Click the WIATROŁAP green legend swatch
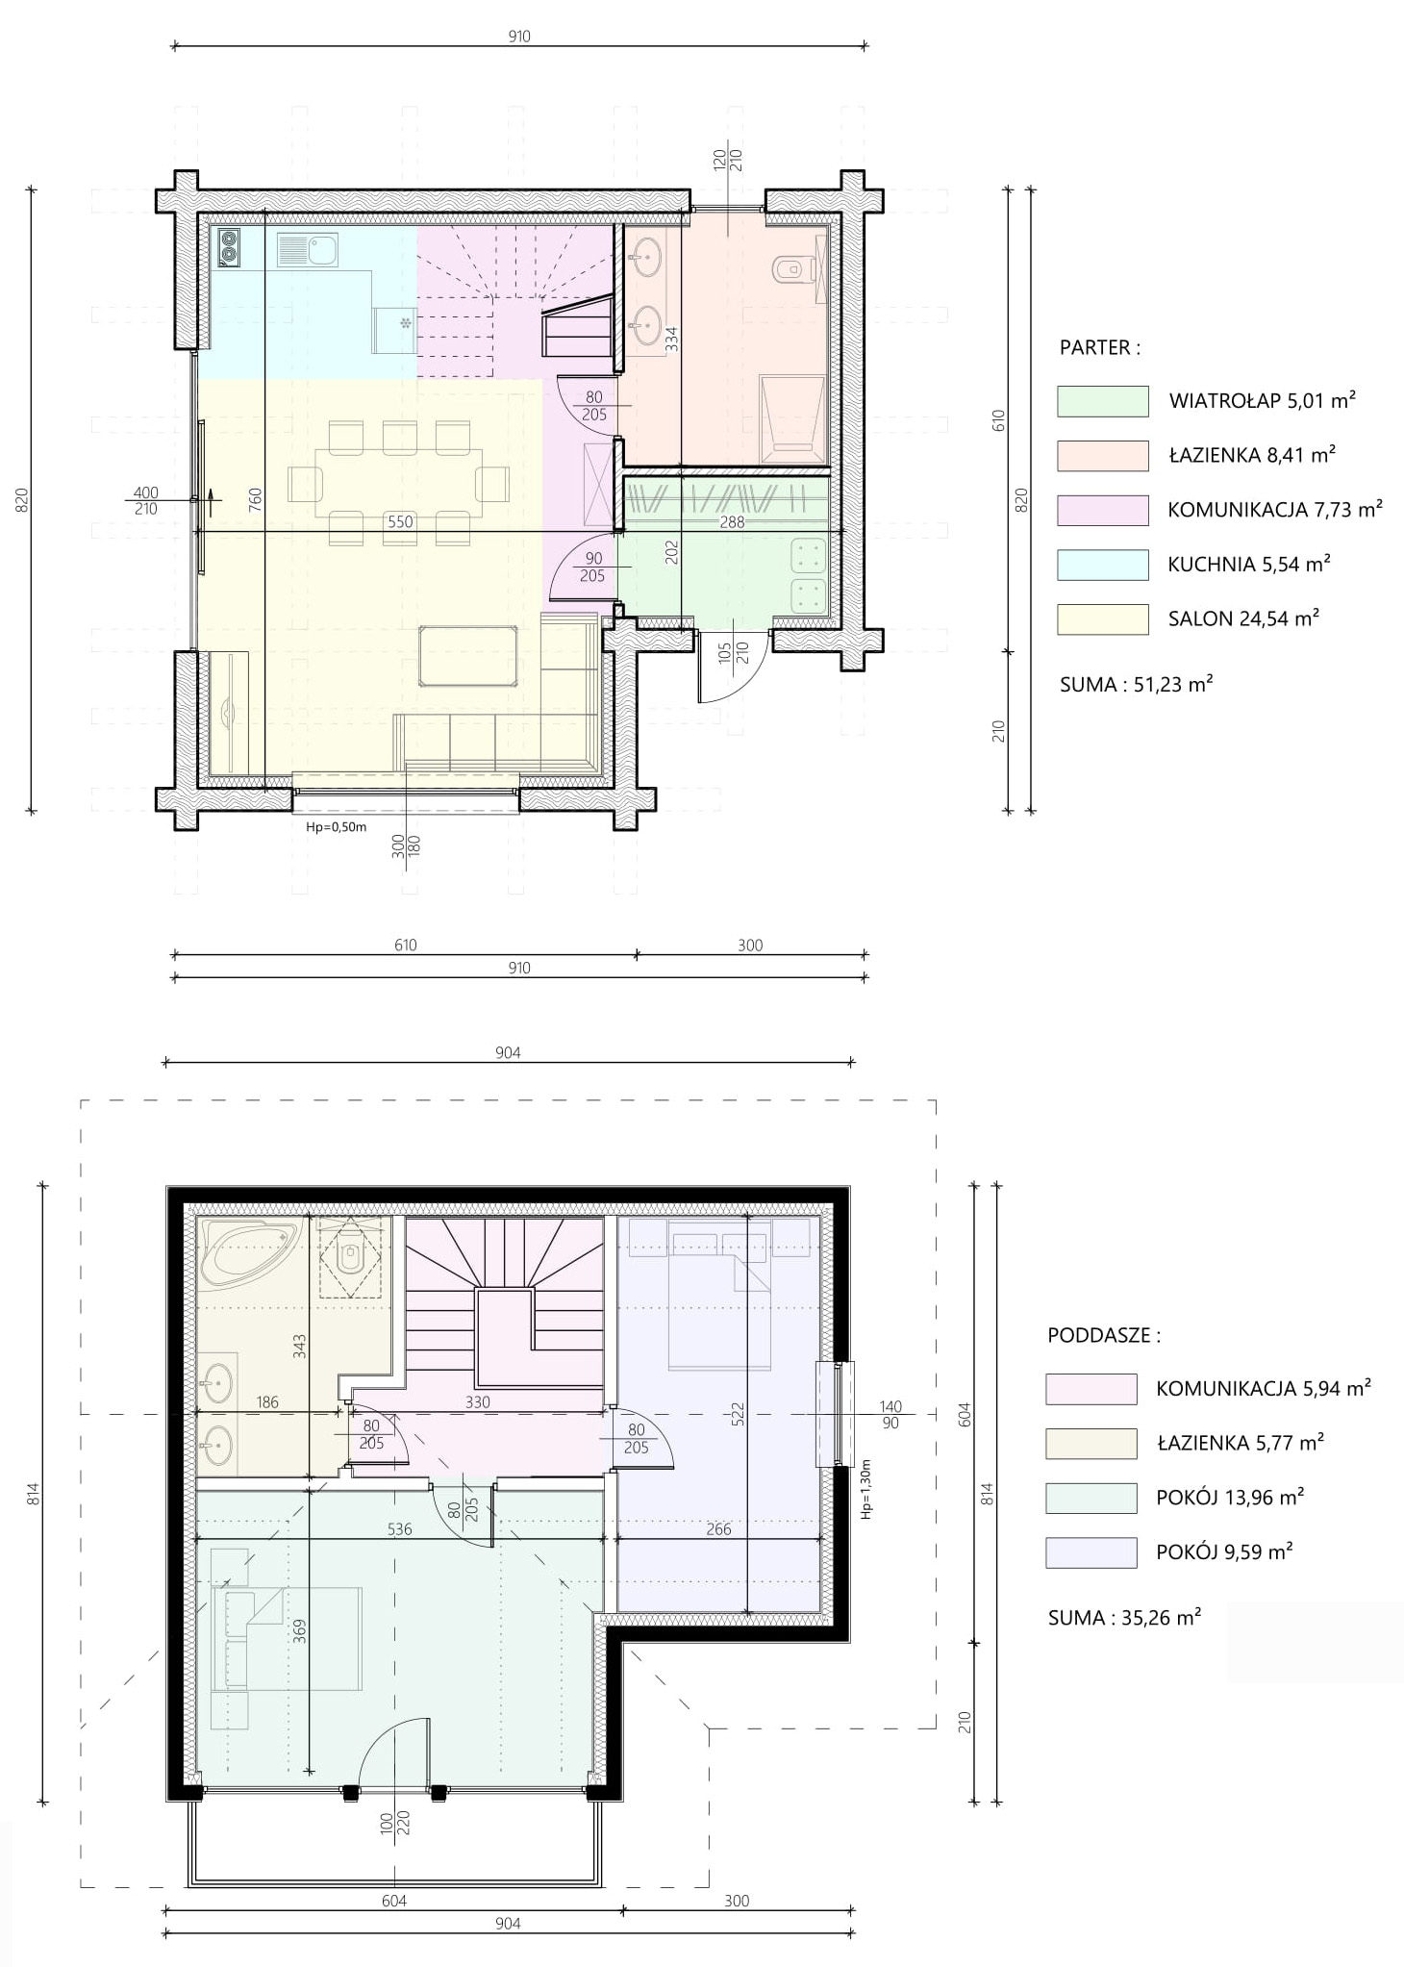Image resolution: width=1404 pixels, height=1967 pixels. click(1102, 401)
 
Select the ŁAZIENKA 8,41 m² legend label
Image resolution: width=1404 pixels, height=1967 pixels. click(1252, 455)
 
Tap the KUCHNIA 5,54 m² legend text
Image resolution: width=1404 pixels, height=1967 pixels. click(1249, 564)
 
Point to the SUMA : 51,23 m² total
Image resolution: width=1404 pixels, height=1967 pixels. click(1136, 684)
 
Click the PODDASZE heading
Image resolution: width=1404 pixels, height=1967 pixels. click(1104, 1335)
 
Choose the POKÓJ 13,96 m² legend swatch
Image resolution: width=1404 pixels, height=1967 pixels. click(1091, 1498)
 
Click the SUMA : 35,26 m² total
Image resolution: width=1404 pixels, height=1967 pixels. click(1124, 1617)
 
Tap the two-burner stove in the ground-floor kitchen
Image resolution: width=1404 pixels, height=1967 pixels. click(228, 247)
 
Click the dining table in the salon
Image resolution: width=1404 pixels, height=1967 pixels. click(399, 483)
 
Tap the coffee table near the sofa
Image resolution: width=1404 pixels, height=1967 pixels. click(468, 655)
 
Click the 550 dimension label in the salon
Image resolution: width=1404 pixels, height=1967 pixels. click(400, 522)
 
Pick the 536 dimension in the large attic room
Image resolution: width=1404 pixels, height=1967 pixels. click(399, 1529)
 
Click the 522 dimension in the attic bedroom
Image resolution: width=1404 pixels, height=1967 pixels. click(738, 1413)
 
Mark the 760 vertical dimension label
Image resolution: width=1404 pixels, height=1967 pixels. click(255, 497)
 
